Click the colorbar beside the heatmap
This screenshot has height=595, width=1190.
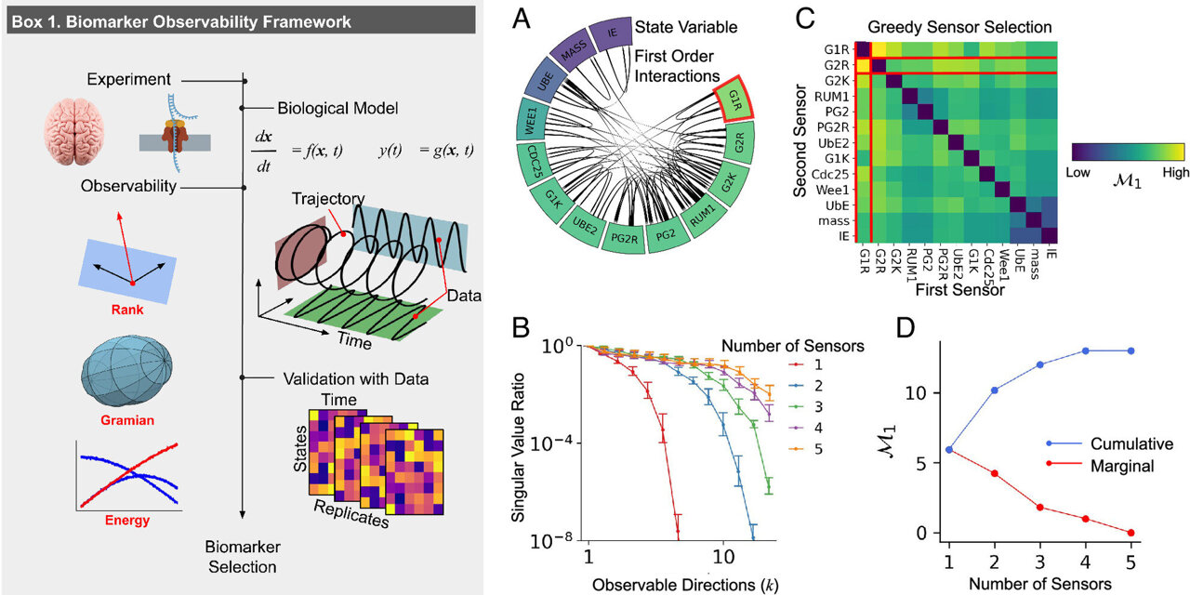(x=1129, y=153)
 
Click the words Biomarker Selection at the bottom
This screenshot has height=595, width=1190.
(x=242, y=556)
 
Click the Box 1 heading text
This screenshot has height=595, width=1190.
(x=180, y=20)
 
